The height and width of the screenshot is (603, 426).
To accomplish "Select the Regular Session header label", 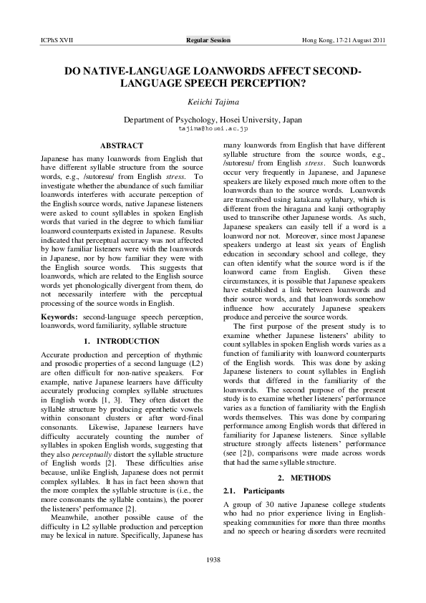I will click(208, 40).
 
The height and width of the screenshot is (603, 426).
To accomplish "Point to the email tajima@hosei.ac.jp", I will click(213, 129).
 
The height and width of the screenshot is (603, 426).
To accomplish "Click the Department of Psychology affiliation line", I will click(213, 120).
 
